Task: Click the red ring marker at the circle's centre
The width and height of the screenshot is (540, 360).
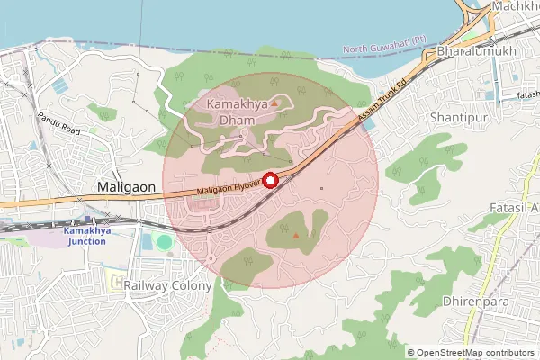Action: (270, 180)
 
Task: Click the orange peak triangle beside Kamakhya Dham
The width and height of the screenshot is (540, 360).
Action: (274, 105)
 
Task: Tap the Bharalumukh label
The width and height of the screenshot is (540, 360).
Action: (475, 51)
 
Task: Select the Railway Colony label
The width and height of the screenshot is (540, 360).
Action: (168, 285)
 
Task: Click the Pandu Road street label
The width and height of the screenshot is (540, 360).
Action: (59, 125)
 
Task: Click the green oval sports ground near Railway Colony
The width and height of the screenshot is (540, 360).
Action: (164, 242)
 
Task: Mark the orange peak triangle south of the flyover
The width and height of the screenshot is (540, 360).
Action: (296, 236)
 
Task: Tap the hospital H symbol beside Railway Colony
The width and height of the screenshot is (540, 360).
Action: (118, 283)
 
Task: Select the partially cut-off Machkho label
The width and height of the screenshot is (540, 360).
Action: (516, 7)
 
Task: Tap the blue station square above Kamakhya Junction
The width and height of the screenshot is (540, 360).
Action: (86, 219)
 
